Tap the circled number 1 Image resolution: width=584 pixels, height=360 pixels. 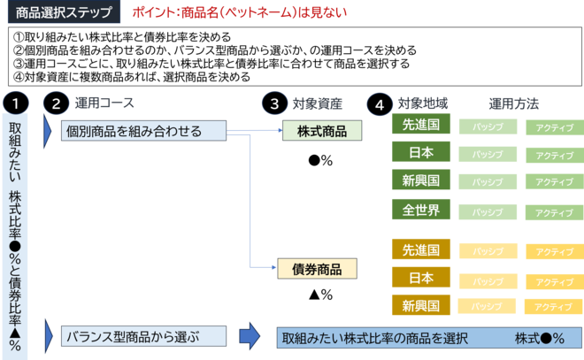pyautogui.click(x=15, y=103)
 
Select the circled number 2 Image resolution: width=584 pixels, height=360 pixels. pyautogui.click(x=56, y=103)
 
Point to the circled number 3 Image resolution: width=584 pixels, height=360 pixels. pyautogui.click(x=274, y=103)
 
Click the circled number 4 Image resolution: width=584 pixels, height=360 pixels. pyautogui.click(x=379, y=103)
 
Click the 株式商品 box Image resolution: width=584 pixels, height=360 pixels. pyautogui.click(x=322, y=132)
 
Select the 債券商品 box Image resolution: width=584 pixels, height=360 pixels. pyautogui.click(x=317, y=269)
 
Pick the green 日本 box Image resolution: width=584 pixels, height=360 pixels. pyautogui.click(x=421, y=152)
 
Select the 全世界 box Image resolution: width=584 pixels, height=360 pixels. pyautogui.click(x=421, y=210)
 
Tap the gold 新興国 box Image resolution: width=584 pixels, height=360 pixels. pyautogui.click(x=421, y=305)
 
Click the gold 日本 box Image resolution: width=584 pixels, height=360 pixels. pyautogui.click(x=421, y=278)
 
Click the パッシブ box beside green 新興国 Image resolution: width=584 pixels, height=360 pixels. pyautogui.click(x=487, y=182)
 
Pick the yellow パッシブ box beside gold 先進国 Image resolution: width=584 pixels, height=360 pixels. pyautogui.click(x=487, y=251)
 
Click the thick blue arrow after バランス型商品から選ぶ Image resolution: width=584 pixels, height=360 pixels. pyautogui.click(x=250, y=336)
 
